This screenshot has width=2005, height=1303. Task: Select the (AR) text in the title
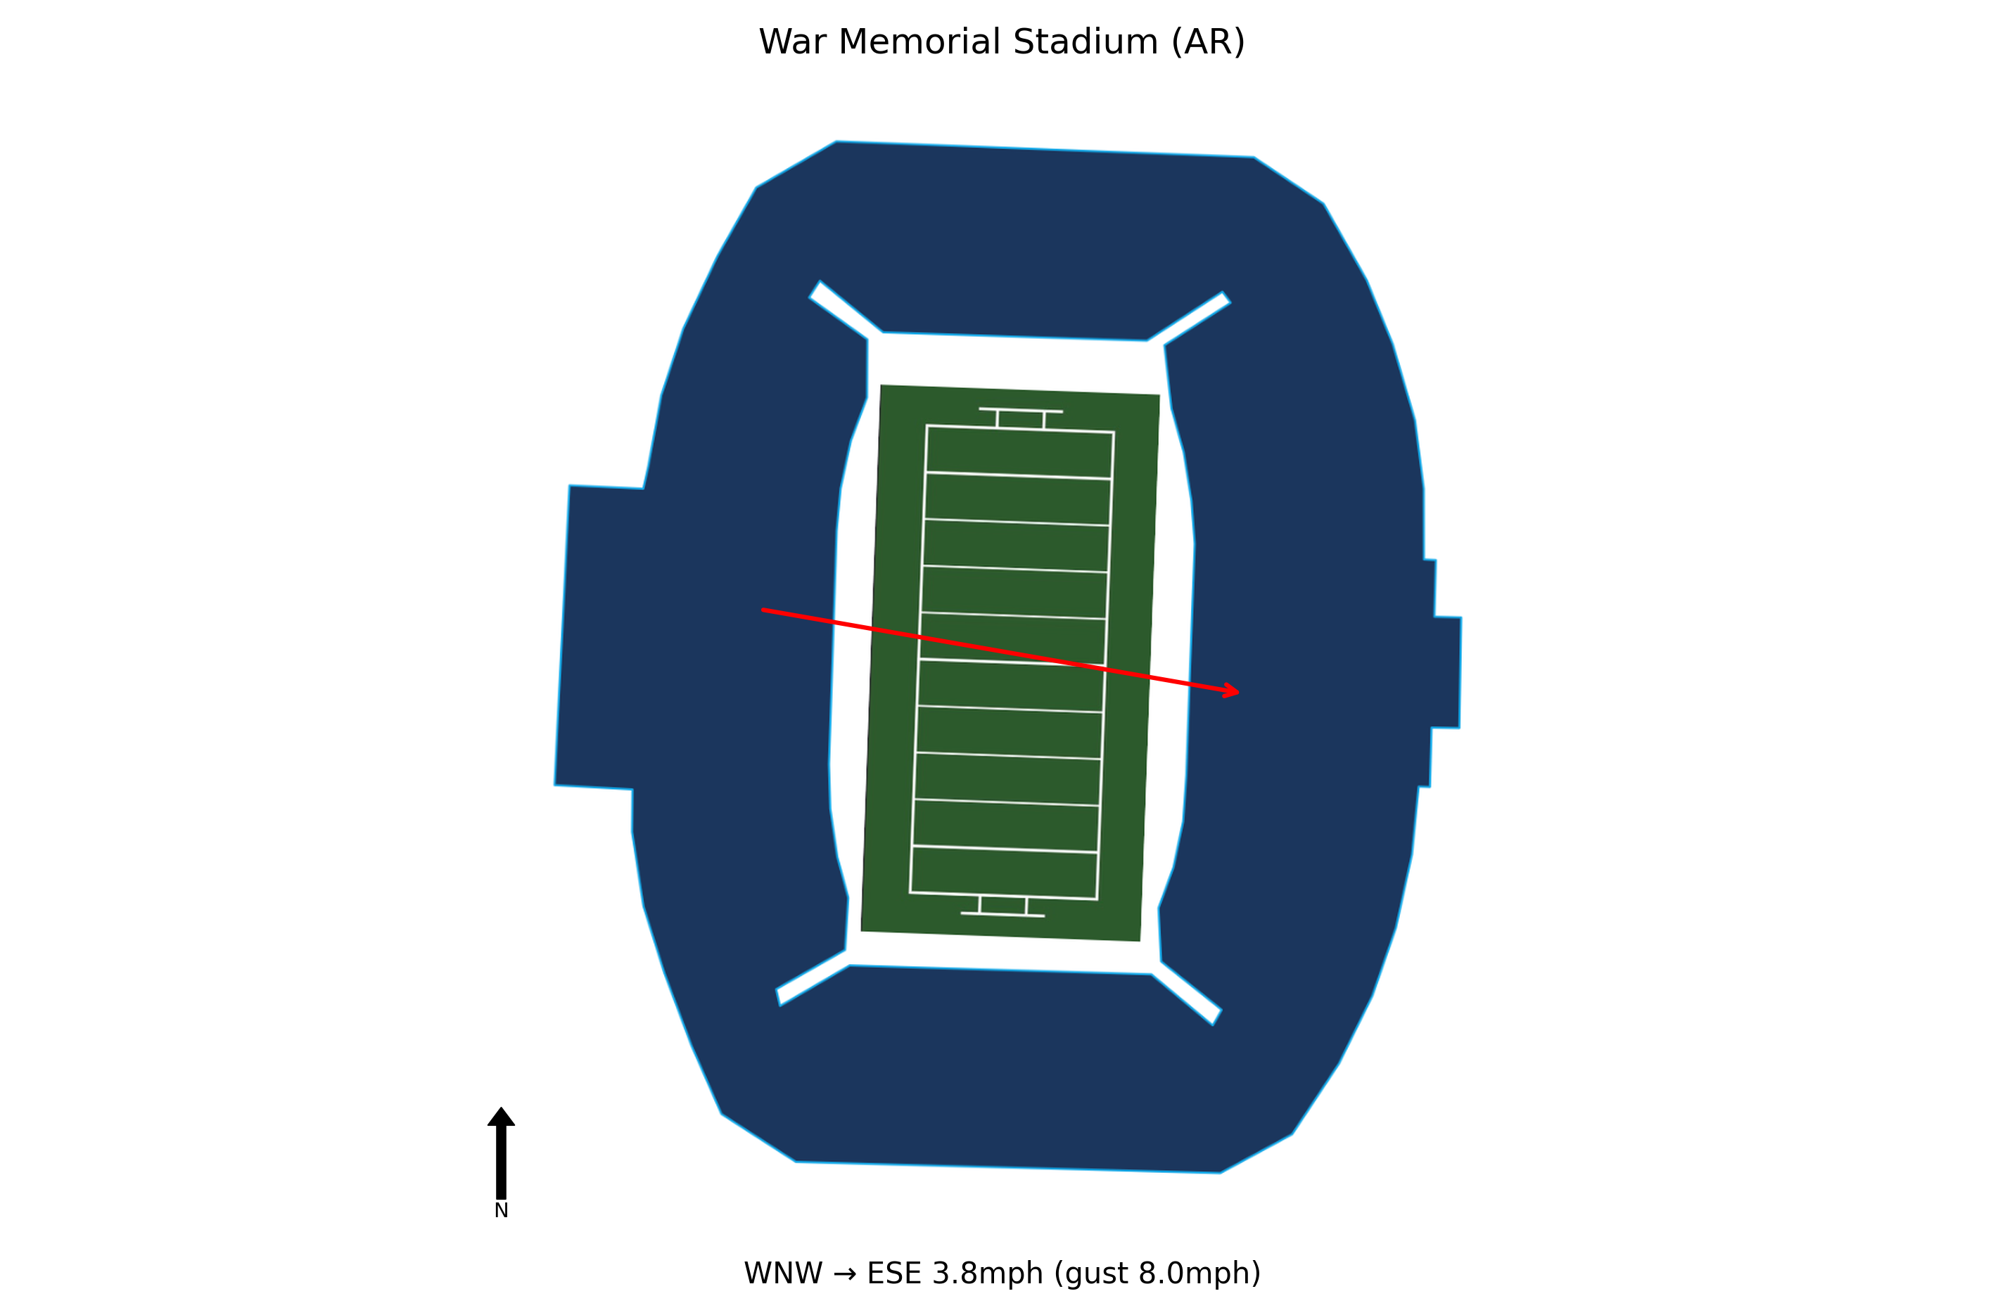pos(1207,42)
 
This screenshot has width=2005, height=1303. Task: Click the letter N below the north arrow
pos(501,1210)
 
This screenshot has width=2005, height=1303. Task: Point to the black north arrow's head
pos(501,1117)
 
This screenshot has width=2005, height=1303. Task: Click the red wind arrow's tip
pos(1237,693)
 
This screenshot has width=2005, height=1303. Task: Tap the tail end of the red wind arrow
pos(763,610)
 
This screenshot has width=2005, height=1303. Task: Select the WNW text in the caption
pos(782,1273)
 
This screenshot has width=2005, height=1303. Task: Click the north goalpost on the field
pos(1020,418)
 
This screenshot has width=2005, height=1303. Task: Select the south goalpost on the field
pos(1002,906)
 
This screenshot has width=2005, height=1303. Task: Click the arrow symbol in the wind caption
pos(844,1273)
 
